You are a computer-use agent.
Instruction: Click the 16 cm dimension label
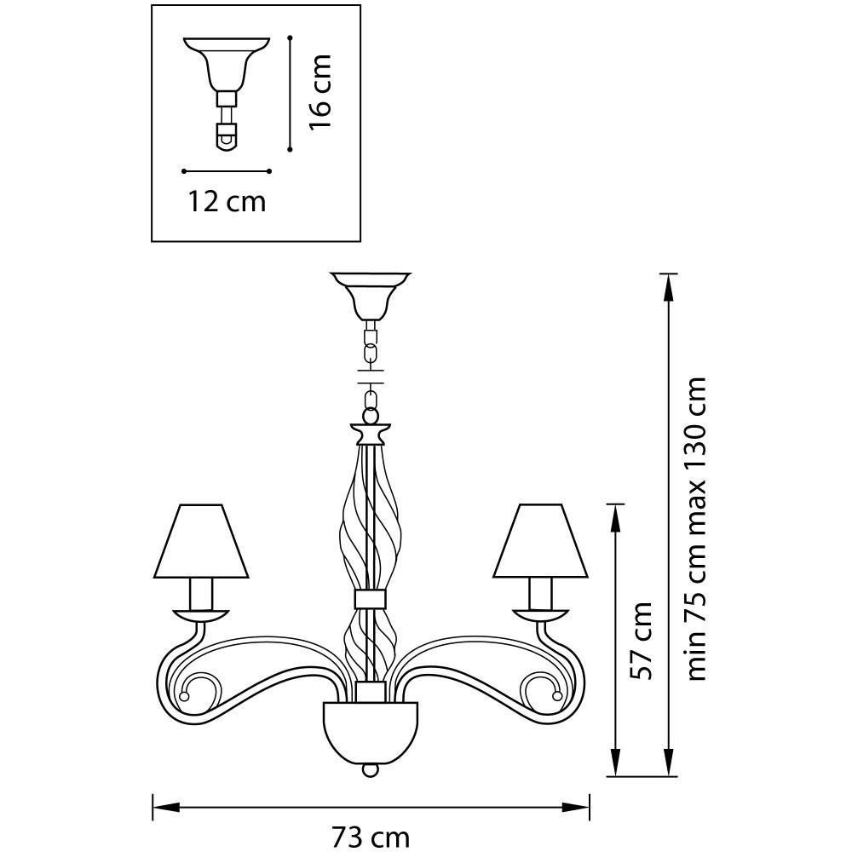pyautogui.click(x=319, y=92)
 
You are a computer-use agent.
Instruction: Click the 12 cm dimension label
pyautogui.click(x=227, y=202)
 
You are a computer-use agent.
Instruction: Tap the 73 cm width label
pyautogui.click(x=371, y=838)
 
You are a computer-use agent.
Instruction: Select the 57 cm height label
pyautogui.click(x=639, y=641)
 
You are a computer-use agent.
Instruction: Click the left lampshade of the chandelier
pyautogui.click(x=201, y=541)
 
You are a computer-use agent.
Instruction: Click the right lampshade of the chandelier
pyautogui.click(x=541, y=541)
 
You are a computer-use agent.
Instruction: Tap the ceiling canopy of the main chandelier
pyautogui.click(x=371, y=296)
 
